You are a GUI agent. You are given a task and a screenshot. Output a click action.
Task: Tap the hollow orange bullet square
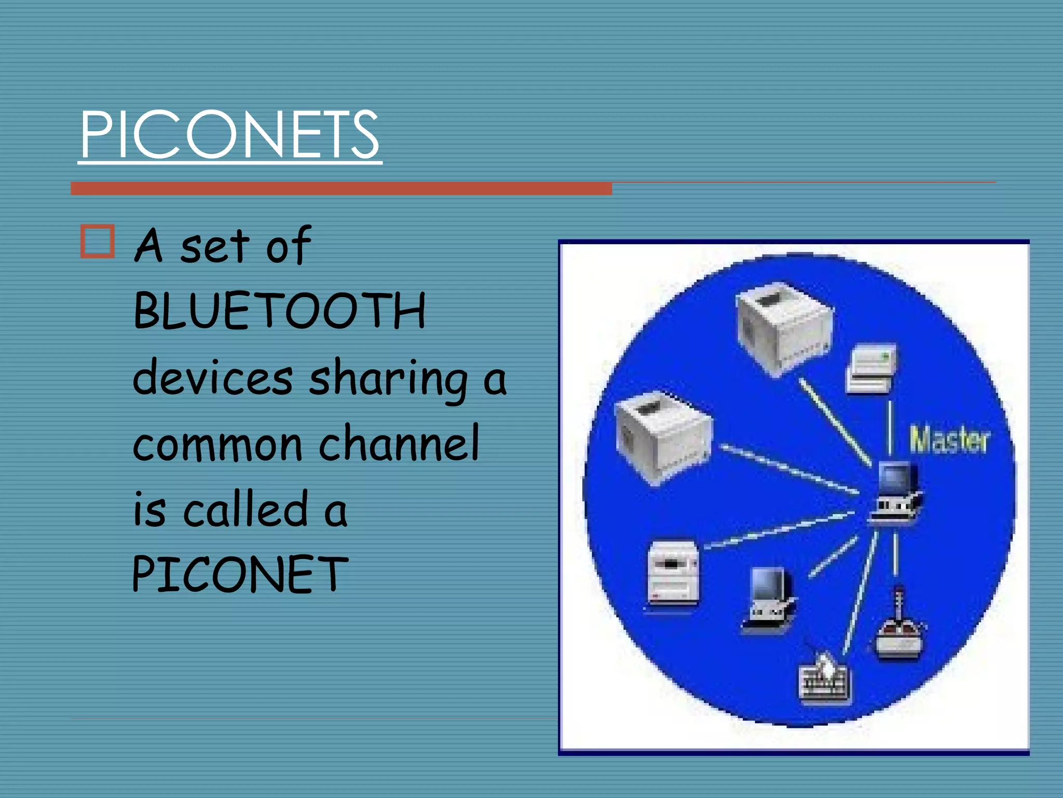tap(98, 242)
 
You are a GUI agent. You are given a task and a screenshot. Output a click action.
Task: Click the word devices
tap(213, 377)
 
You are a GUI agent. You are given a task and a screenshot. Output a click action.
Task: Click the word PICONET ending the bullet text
tap(240, 574)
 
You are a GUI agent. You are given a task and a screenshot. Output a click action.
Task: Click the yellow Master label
tap(949, 440)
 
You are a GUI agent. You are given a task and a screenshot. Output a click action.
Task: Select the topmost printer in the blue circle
tap(783, 327)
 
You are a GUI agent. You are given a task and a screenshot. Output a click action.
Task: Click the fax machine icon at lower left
tap(673, 574)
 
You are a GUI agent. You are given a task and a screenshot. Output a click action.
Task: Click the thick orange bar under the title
tap(341, 189)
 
